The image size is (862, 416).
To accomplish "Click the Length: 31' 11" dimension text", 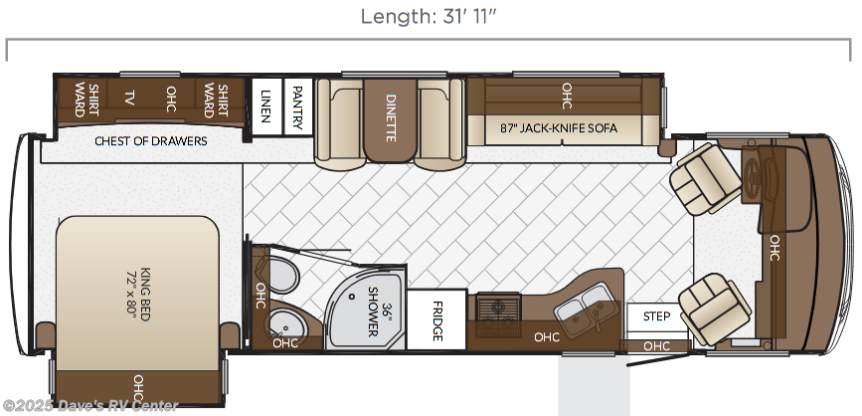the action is pos(429,17).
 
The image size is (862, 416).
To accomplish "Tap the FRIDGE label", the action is pos(437,320).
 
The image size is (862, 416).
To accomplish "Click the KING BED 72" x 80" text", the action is pos(138,294).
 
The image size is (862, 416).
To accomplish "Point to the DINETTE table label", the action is pos(391,117).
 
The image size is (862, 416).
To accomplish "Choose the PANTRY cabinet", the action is pos(297,106).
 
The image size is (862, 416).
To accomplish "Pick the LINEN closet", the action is pos(266,106).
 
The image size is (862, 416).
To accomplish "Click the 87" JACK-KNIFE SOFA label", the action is pos(559,128).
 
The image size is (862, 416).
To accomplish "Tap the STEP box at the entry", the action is pos(656,316).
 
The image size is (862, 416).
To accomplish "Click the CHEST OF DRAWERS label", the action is pos(151,141).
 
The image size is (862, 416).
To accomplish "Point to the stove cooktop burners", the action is pos(498,313).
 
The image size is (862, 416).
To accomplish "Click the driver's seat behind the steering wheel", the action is pos(705,178).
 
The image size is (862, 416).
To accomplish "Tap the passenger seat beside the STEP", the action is pos(714,309).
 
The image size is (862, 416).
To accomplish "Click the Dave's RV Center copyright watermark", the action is pos(89,406).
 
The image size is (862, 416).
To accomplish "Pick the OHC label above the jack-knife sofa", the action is pos(568,96).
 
